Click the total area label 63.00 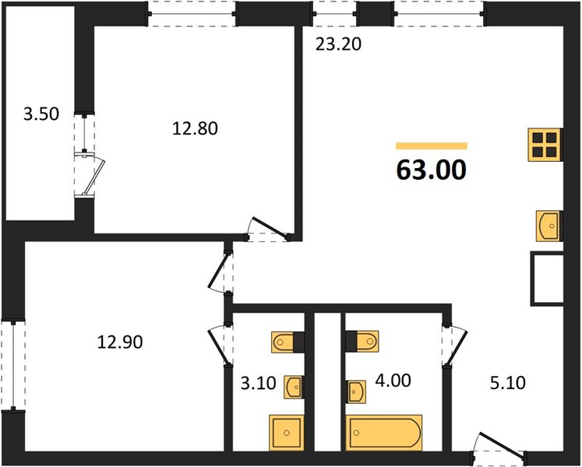(x=432, y=170)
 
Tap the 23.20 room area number (x=338, y=44)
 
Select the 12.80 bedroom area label (x=195, y=128)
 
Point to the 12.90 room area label (x=120, y=342)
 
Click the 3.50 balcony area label (x=41, y=114)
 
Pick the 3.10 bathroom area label (x=259, y=383)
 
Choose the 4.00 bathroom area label (x=393, y=381)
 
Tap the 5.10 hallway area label (x=508, y=383)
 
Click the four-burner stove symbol (x=545, y=145)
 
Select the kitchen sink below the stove (x=548, y=226)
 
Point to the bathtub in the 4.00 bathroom (x=384, y=433)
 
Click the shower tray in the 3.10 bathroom (x=286, y=433)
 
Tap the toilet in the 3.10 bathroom (x=287, y=342)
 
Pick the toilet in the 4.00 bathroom (x=362, y=341)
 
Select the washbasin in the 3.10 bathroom (x=294, y=388)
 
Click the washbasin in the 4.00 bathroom (x=355, y=392)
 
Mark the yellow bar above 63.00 (x=432, y=146)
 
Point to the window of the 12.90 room (x=13, y=365)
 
